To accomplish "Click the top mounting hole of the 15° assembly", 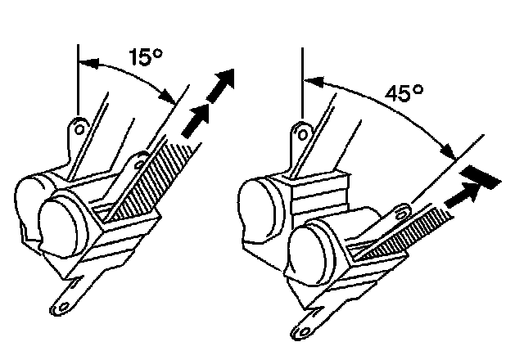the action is click(x=79, y=128).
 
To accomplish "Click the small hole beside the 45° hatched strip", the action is click(x=400, y=210).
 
